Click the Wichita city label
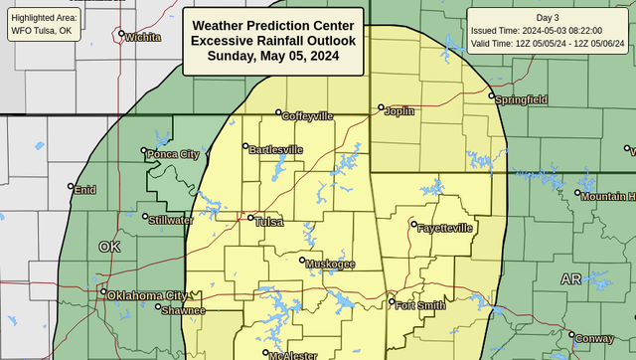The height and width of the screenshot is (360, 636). coord(143,38)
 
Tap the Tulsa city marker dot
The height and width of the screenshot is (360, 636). coord(250,219)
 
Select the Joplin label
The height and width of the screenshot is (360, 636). coord(398,110)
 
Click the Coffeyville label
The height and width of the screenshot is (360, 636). coord(307,116)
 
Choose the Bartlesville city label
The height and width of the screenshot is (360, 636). coord(275,150)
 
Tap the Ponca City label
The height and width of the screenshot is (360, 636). coord(173,155)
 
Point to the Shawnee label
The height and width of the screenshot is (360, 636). coord(185,310)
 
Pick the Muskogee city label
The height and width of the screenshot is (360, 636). coord(331,264)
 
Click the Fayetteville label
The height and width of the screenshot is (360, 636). coord(446,228)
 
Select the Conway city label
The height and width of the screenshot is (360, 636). coord(594,338)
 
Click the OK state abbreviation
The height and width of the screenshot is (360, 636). coord(109,247)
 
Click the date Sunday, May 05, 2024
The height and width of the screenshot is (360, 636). coord(273,56)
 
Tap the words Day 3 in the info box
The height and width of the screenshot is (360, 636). coord(548,18)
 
